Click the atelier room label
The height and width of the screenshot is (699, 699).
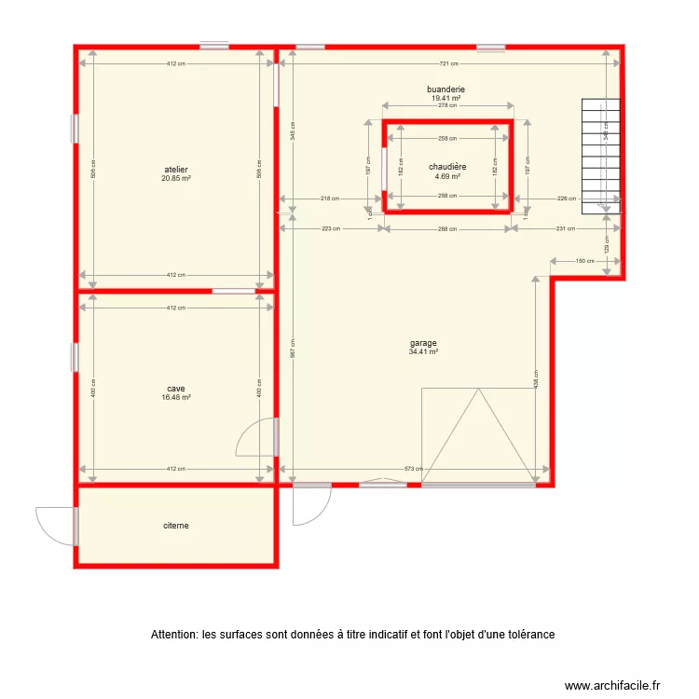pos(176,170)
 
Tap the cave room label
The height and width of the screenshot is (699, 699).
pos(176,389)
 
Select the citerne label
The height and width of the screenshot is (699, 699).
pos(175,526)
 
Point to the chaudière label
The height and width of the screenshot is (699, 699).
pos(447,167)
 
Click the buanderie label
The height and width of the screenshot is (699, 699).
pos(446,89)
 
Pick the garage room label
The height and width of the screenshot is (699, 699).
pos(423,343)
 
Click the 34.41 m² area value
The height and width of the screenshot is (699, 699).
pos(423,351)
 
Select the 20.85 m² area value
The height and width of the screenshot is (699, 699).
pos(176,178)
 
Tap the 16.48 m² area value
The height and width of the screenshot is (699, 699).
pos(176,397)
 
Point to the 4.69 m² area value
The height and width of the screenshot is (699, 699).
pos(447,175)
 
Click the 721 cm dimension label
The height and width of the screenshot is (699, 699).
pos(448,64)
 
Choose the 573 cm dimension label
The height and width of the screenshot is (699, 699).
pos(414,470)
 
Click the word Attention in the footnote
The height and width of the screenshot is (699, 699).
pos(173,635)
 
